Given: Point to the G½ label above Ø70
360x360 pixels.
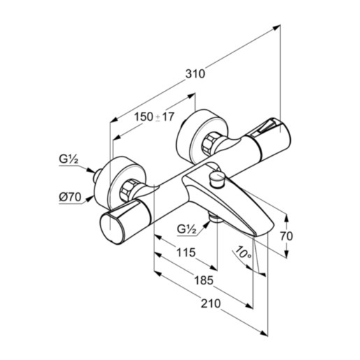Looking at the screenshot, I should pyautogui.click(x=68, y=160).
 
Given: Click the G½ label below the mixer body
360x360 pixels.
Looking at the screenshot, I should pyautogui.click(x=187, y=229).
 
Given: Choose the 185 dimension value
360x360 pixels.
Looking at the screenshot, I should pyautogui.click(x=203, y=280).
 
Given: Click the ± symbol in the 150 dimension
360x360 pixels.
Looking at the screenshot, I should pyautogui.click(x=158, y=117).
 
